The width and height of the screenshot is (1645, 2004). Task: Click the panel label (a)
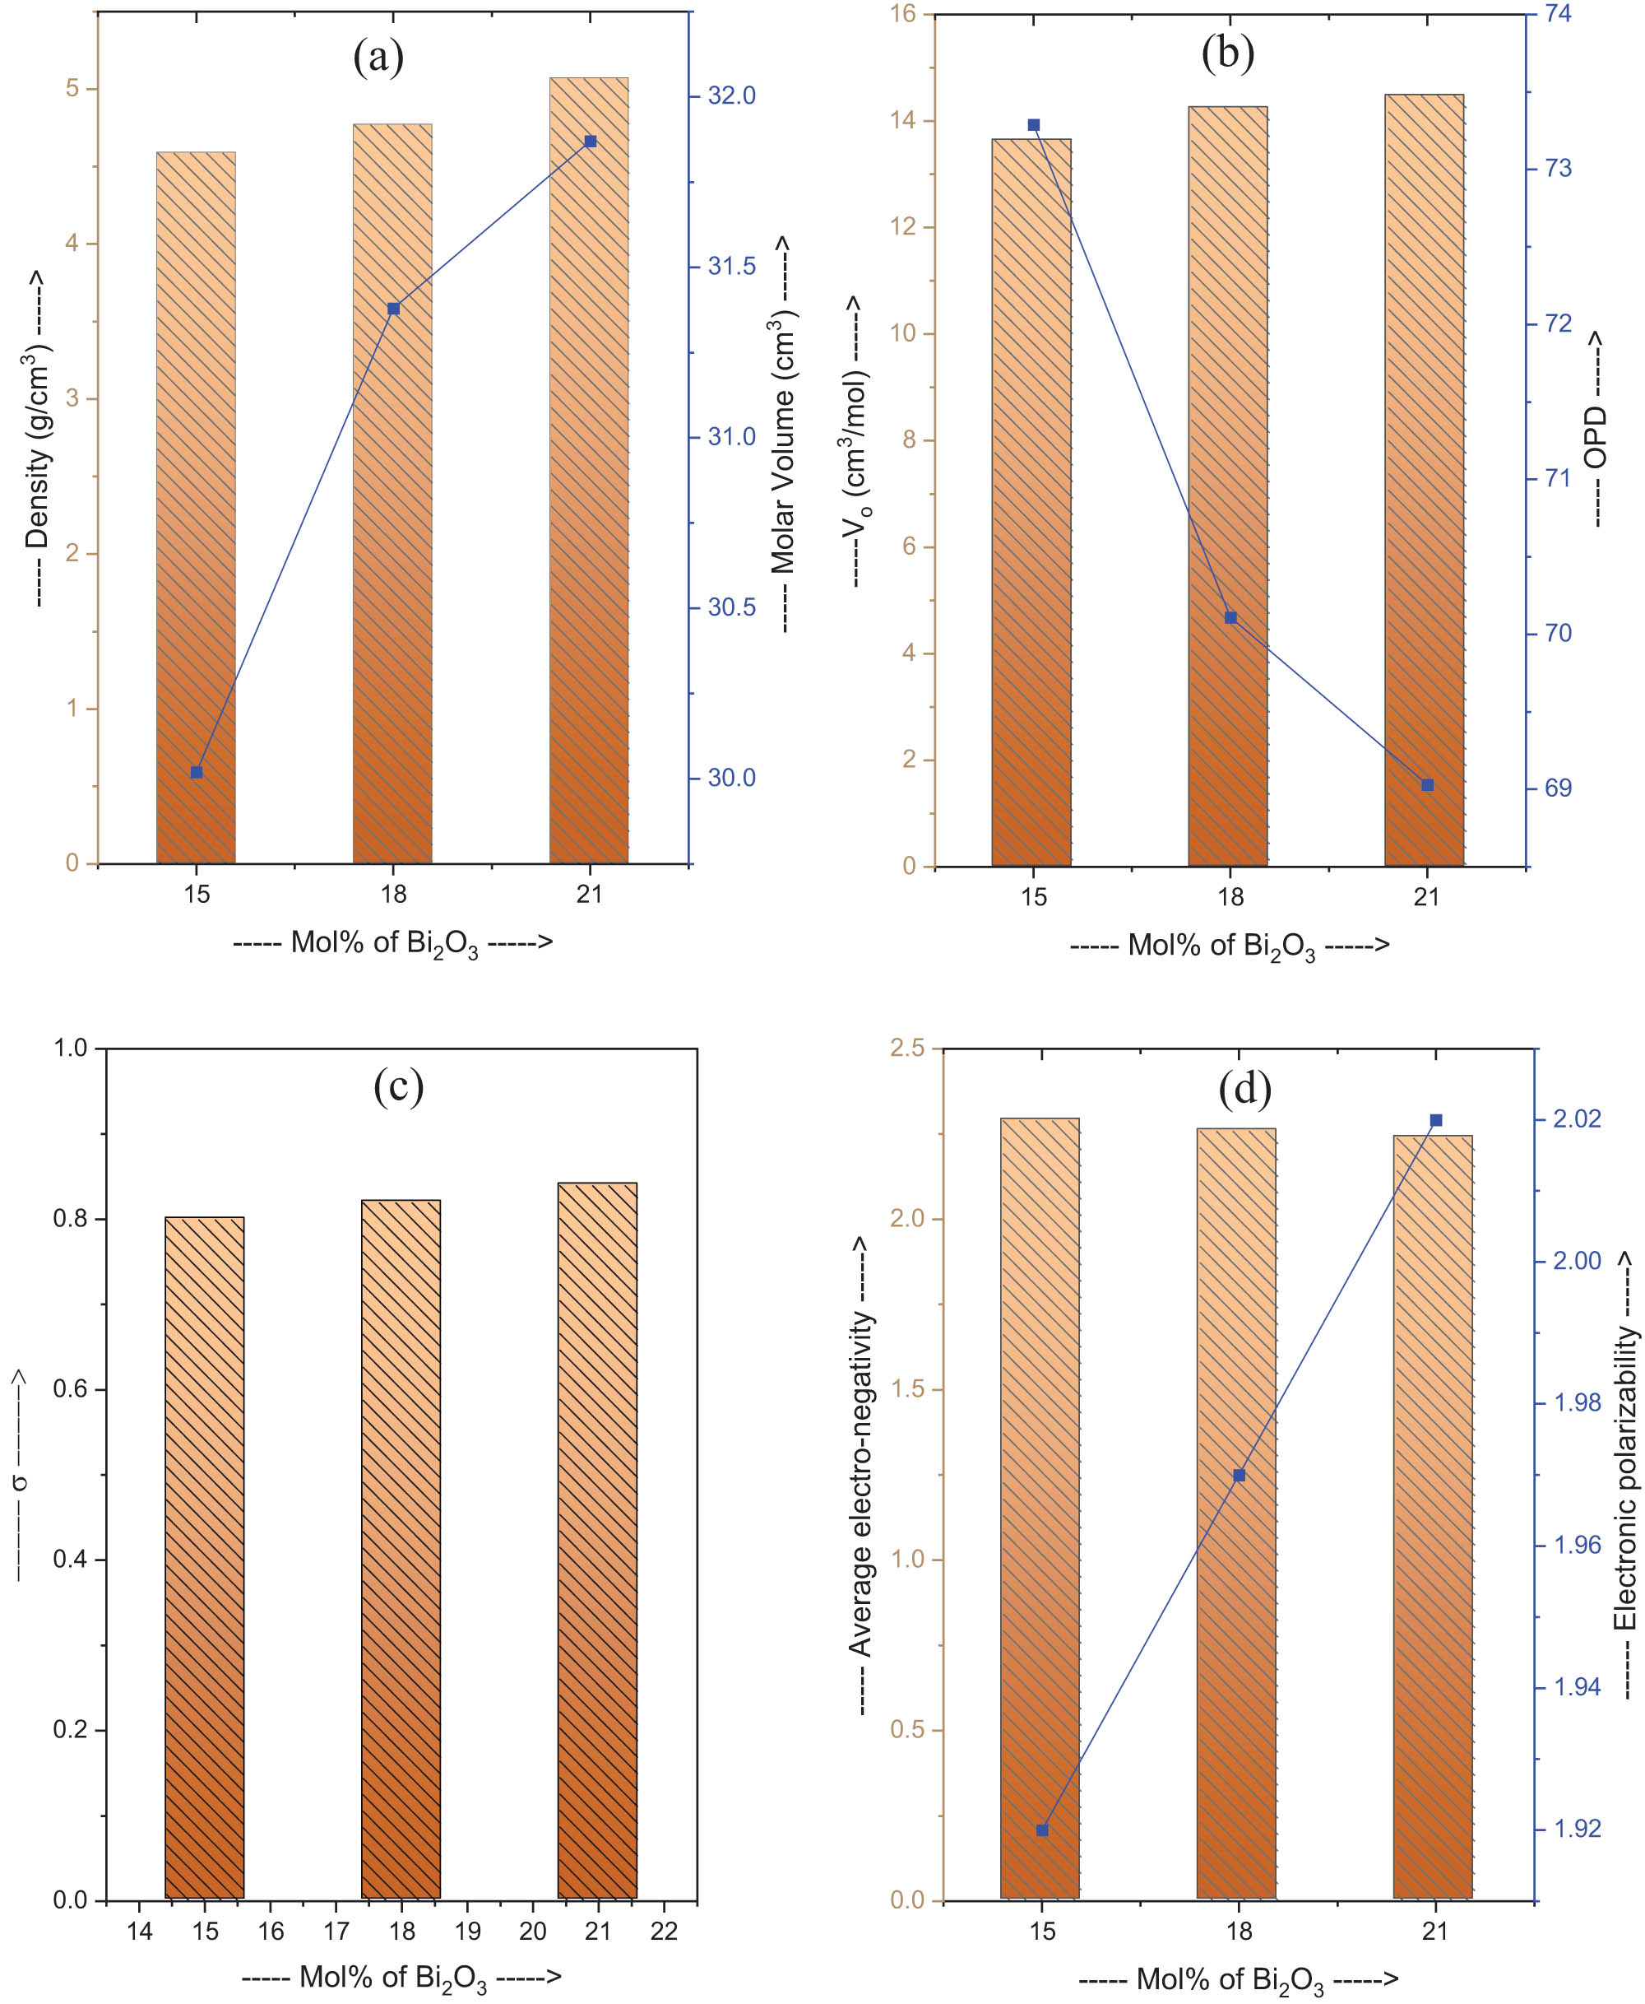pos(378,58)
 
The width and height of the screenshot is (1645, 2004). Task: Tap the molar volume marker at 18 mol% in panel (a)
pos(394,309)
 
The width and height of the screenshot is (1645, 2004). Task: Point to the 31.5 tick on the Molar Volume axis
pos(731,267)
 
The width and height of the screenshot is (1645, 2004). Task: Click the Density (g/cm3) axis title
pos(39,438)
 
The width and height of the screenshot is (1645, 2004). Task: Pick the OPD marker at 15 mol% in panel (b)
pos(1034,125)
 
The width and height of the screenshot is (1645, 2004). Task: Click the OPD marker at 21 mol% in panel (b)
pos(1428,785)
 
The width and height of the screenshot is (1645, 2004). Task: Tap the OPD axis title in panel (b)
pos(1596,429)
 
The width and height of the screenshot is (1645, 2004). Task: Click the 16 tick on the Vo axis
pos(903,14)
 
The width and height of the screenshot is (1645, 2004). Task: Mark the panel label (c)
pos(398,1086)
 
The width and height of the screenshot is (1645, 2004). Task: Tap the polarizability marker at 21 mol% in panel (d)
pos(1435,1120)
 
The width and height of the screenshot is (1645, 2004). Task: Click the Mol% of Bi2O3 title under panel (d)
pos(1238,1978)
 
